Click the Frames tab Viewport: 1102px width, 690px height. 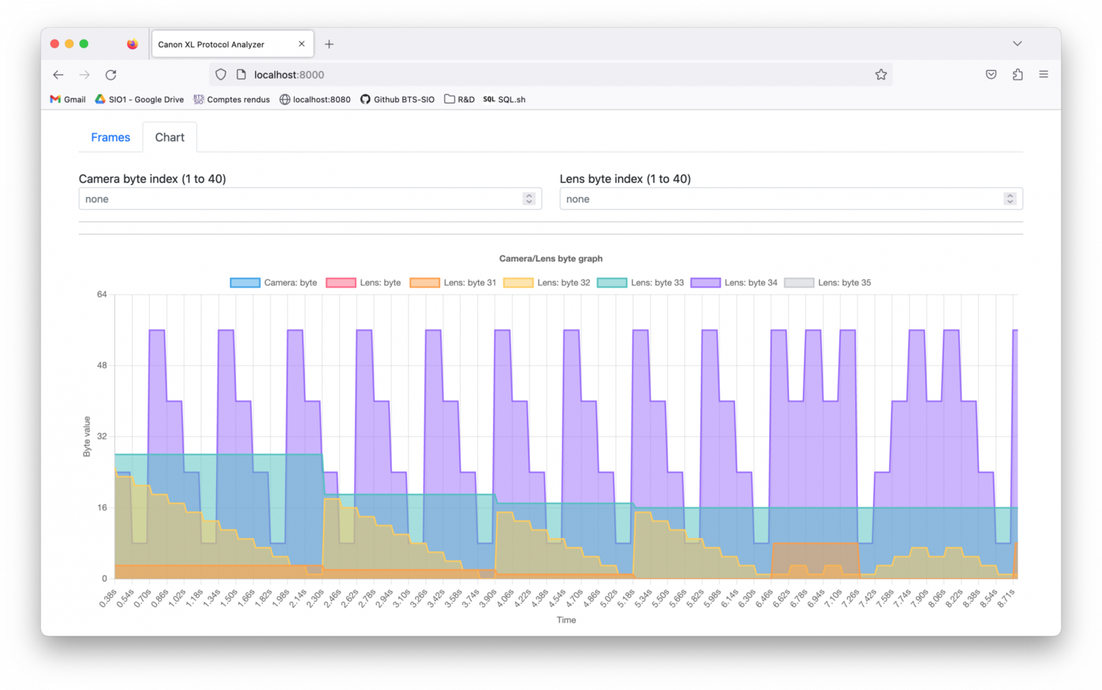(110, 137)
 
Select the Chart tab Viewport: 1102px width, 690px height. (170, 137)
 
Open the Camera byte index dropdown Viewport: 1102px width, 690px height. (310, 199)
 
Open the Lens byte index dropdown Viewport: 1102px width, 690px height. (791, 199)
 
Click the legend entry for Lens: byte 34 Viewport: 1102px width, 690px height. (734, 283)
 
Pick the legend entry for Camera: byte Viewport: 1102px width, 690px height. (273, 283)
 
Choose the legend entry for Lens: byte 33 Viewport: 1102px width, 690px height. (640, 283)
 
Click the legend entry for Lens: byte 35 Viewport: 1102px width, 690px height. (827, 283)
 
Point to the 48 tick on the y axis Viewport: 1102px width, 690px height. (102, 365)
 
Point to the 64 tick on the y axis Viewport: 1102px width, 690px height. (102, 295)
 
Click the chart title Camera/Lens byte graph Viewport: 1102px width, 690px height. (551, 259)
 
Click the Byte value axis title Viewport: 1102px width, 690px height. (87, 436)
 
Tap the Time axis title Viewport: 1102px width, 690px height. (566, 620)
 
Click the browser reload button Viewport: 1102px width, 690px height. (111, 75)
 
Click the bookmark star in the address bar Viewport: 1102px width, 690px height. (881, 75)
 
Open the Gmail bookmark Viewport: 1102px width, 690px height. (68, 100)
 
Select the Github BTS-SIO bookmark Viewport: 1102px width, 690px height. (397, 100)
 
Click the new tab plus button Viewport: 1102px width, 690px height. (329, 45)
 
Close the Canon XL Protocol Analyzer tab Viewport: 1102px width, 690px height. (301, 44)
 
